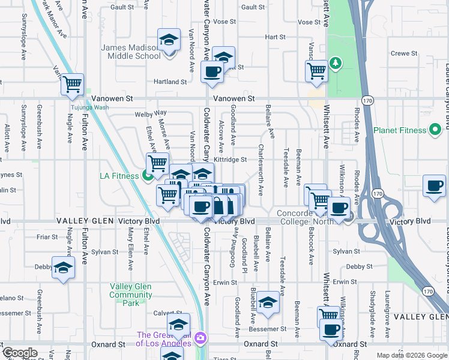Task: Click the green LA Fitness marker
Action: [148, 175]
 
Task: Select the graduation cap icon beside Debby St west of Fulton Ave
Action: [63, 268]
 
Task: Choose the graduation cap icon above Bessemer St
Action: [269, 302]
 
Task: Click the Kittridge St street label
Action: [231, 160]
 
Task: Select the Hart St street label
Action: [274, 37]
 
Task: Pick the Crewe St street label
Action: [404, 53]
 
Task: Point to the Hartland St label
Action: [170, 82]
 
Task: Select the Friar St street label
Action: [47, 237]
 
